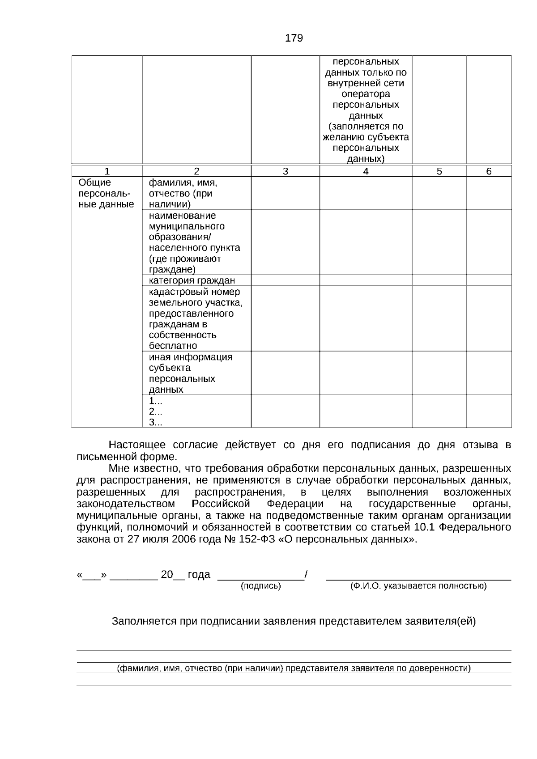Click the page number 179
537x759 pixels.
pyautogui.click(x=294, y=38)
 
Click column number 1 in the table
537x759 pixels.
pyautogui.click(x=107, y=171)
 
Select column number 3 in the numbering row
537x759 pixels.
pyautogui.click(x=286, y=171)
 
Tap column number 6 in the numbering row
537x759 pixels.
pyautogui.click(x=489, y=171)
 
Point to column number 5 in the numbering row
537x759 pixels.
pyautogui.click(x=439, y=171)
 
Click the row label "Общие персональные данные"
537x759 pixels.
pyautogui.click(x=106, y=194)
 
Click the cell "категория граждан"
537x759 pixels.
pyautogui.click(x=192, y=280)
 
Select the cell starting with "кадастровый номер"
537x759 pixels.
pyautogui.click(x=195, y=318)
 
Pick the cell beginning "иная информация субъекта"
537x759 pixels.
pyautogui.click(x=191, y=373)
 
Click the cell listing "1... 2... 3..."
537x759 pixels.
pyautogui.click(x=156, y=411)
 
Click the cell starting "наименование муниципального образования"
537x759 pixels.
pyautogui.click(x=194, y=242)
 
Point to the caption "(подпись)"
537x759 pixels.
pyautogui.click(x=261, y=586)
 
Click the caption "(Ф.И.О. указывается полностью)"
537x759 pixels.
pyautogui.click(x=418, y=586)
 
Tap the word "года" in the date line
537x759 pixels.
pyautogui.click(x=199, y=575)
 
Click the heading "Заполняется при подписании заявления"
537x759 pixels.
pyautogui.click(x=294, y=621)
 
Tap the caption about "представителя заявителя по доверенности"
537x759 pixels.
pyautogui.click(x=294, y=669)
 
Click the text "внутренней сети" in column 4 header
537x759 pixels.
pyautogui.click(x=366, y=83)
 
